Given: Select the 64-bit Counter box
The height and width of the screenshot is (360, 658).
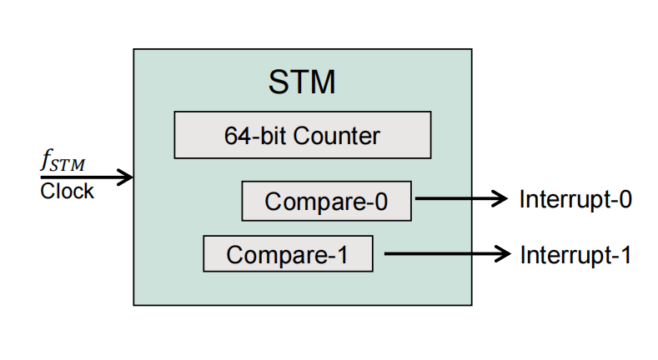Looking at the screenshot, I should (302, 135).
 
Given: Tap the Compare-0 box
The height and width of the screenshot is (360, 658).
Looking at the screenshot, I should (326, 201).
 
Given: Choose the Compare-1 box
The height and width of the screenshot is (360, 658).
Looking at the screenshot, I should (288, 254).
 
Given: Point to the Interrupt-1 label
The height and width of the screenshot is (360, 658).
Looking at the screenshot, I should (575, 254).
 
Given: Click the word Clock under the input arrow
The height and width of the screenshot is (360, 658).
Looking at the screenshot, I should (68, 192).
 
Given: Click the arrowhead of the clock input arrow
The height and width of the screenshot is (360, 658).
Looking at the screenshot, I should (127, 177).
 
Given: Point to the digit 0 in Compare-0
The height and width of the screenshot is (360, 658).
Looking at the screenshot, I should (380, 202).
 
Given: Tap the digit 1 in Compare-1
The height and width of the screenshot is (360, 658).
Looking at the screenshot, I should (341, 255).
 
